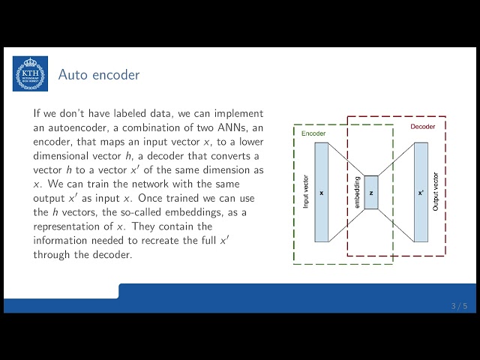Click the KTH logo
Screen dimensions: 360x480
[30, 73]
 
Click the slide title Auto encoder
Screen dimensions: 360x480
[99, 75]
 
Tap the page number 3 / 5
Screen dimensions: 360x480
[459, 306]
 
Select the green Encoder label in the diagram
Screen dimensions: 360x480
[313, 133]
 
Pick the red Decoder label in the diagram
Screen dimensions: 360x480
[422, 126]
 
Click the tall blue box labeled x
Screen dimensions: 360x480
[321, 192]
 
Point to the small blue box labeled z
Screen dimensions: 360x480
[370, 192]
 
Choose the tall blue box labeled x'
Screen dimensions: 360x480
[420, 192]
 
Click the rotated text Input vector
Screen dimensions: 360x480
[305, 193]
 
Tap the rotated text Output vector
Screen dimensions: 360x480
[436, 193]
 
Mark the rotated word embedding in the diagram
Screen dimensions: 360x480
[357, 192]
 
